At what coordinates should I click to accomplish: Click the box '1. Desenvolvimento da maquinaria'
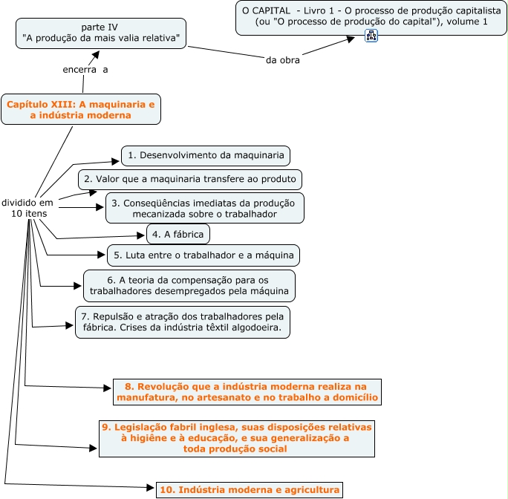tap(205, 156)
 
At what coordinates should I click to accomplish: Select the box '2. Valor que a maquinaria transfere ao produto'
tap(190, 180)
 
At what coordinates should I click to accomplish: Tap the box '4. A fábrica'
tap(178, 234)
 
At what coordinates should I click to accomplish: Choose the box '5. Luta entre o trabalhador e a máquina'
tap(203, 255)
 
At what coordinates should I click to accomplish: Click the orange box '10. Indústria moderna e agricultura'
tap(250, 489)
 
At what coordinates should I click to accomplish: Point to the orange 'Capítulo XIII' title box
tap(80, 110)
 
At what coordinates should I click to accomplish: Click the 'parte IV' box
tap(100, 33)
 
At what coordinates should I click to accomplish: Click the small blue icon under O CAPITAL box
tap(371, 36)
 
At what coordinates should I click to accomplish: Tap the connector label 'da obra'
tap(282, 60)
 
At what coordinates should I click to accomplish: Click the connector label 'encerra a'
tap(85, 71)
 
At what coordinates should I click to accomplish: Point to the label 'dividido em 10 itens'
tap(27, 208)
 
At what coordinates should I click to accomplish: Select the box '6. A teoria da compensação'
tap(189, 286)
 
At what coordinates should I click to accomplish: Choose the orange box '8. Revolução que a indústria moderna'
tap(247, 392)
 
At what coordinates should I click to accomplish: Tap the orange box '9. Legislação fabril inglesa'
tap(235, 438)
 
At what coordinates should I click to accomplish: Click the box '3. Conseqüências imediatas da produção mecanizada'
tap(204, 209)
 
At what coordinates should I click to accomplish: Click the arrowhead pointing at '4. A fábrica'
tap(141, 235)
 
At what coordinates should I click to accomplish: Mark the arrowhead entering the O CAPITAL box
tap(351, 39)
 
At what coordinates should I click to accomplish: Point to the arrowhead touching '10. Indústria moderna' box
tap(151, 488)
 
